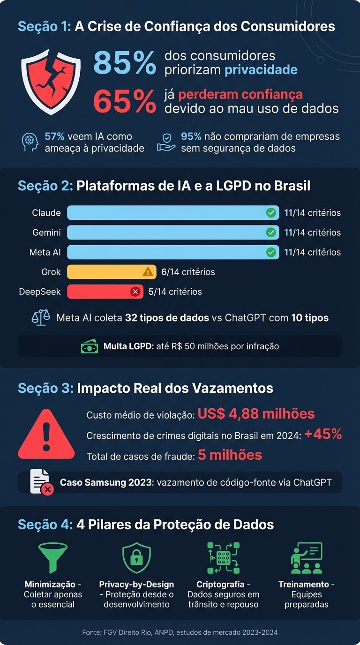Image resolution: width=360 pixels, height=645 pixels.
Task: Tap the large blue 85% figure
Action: click(125, 63)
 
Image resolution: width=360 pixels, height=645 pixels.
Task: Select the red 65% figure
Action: click(125, 100)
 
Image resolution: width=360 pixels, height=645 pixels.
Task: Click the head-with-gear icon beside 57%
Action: click(30, 142)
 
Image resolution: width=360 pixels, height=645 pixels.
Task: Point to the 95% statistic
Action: click(191, 136)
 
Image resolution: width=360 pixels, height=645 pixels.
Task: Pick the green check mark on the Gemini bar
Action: click(270, 232)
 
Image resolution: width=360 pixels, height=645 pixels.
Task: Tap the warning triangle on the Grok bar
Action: click(148, 272)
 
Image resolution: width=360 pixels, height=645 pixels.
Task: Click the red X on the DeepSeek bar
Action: click(135, 292)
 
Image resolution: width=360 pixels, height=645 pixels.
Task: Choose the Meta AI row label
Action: click(45, 252)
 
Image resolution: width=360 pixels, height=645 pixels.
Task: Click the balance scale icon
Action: click(41, 318)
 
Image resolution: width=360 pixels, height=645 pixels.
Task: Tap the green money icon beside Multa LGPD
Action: click(90, 347)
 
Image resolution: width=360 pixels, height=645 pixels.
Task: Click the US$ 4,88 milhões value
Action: click(256, 414)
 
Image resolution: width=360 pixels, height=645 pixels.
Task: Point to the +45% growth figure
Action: click(323, 434)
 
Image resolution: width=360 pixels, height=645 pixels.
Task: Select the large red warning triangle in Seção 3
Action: click(46, 435)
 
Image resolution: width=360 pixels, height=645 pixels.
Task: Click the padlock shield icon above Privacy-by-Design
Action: click(136, 558)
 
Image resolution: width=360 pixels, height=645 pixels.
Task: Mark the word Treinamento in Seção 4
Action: click(304, 585)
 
